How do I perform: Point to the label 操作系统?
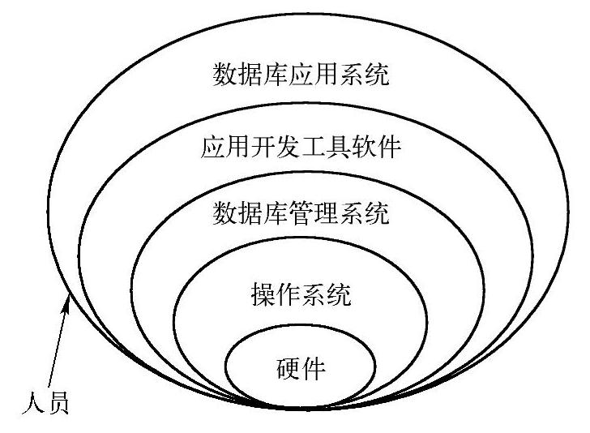[x=301, y=294]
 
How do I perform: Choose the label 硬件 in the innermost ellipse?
[x=301, y=369]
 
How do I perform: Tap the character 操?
[x=263, y=294]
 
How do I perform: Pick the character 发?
[x=289, y=148]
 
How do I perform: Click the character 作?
[x=289, y=294]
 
